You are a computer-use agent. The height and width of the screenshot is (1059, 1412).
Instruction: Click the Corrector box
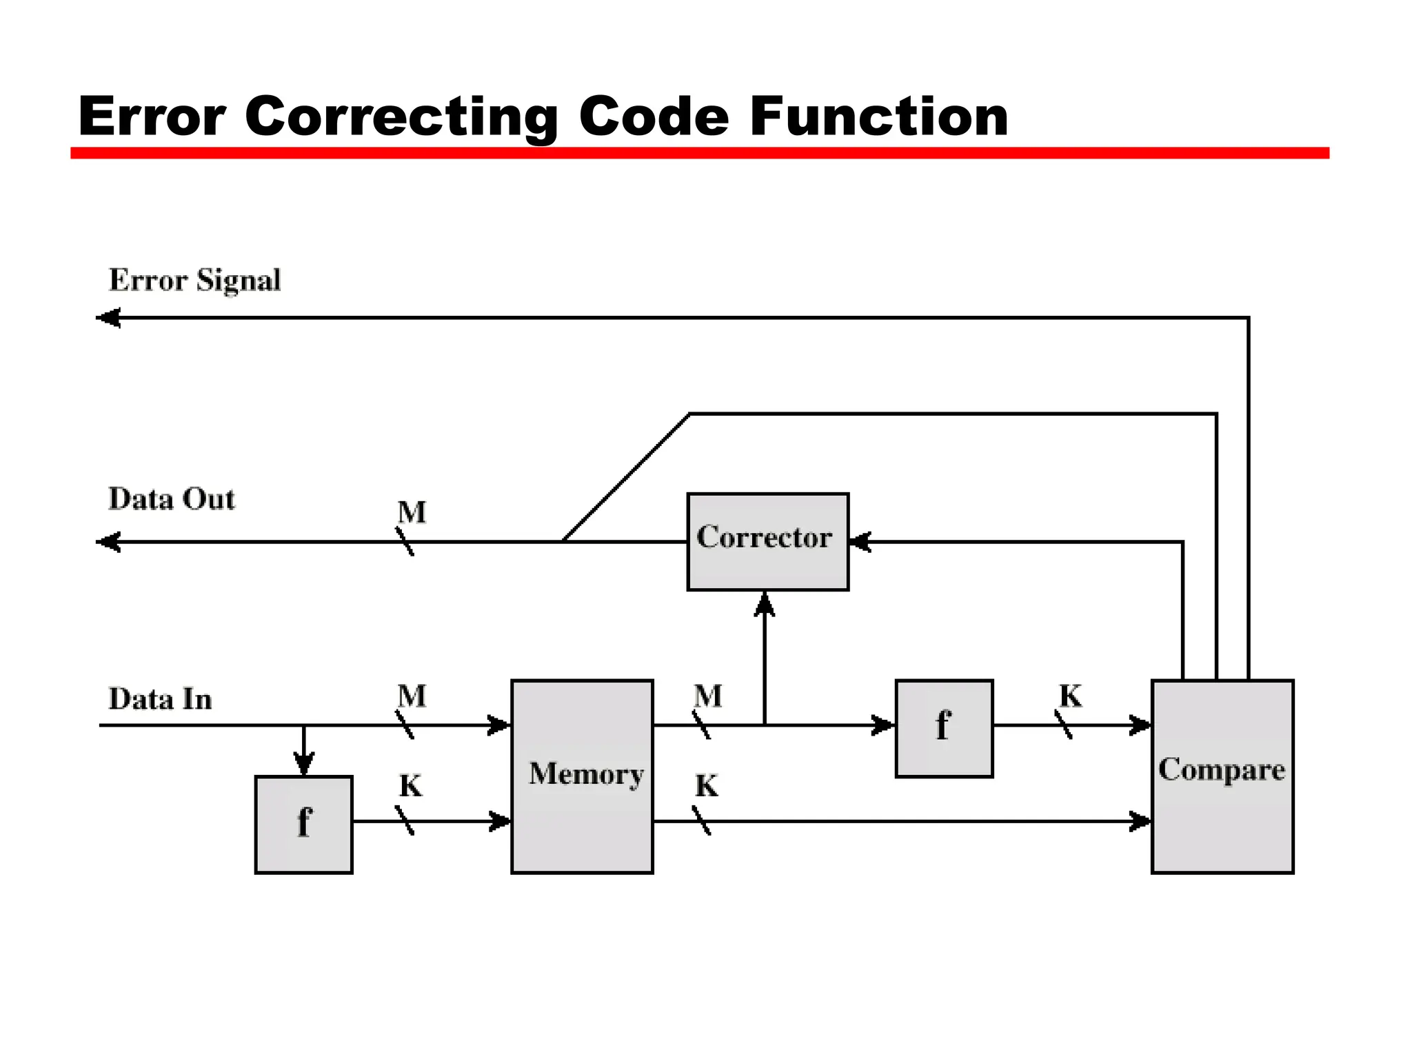(767, 541)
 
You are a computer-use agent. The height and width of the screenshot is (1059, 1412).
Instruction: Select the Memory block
(582, 776)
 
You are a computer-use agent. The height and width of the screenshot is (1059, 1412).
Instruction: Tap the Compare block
(1222, 776)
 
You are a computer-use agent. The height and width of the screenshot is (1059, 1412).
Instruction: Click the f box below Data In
(303, 825)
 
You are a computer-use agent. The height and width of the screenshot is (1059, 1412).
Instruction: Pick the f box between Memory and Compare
(944, 728)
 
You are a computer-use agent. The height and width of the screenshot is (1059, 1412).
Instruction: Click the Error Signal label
(194, 280)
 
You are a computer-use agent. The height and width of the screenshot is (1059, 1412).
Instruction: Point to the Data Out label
(171, 498)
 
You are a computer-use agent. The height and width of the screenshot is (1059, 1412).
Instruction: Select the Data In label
(160, 698)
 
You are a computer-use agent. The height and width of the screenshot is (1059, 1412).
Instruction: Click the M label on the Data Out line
(412, 512)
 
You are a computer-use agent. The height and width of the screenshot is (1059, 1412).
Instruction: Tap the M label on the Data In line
(412, 696)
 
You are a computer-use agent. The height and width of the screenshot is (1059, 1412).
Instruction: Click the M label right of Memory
(708, 696)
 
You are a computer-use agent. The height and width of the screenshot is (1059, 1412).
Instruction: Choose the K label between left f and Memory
(410, 786)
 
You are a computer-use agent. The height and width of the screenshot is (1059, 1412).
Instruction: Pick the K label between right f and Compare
(1071, 696)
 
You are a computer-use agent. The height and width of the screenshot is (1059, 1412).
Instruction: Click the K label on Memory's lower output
(707, 786)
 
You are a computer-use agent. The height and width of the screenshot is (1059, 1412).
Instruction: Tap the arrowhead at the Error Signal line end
(108, 318)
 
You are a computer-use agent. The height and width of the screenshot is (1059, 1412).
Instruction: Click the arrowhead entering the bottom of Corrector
(764, 605)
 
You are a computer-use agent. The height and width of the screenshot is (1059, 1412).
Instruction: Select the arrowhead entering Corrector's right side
(860, 542)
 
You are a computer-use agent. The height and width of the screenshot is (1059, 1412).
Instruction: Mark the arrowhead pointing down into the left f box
(303, 763)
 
